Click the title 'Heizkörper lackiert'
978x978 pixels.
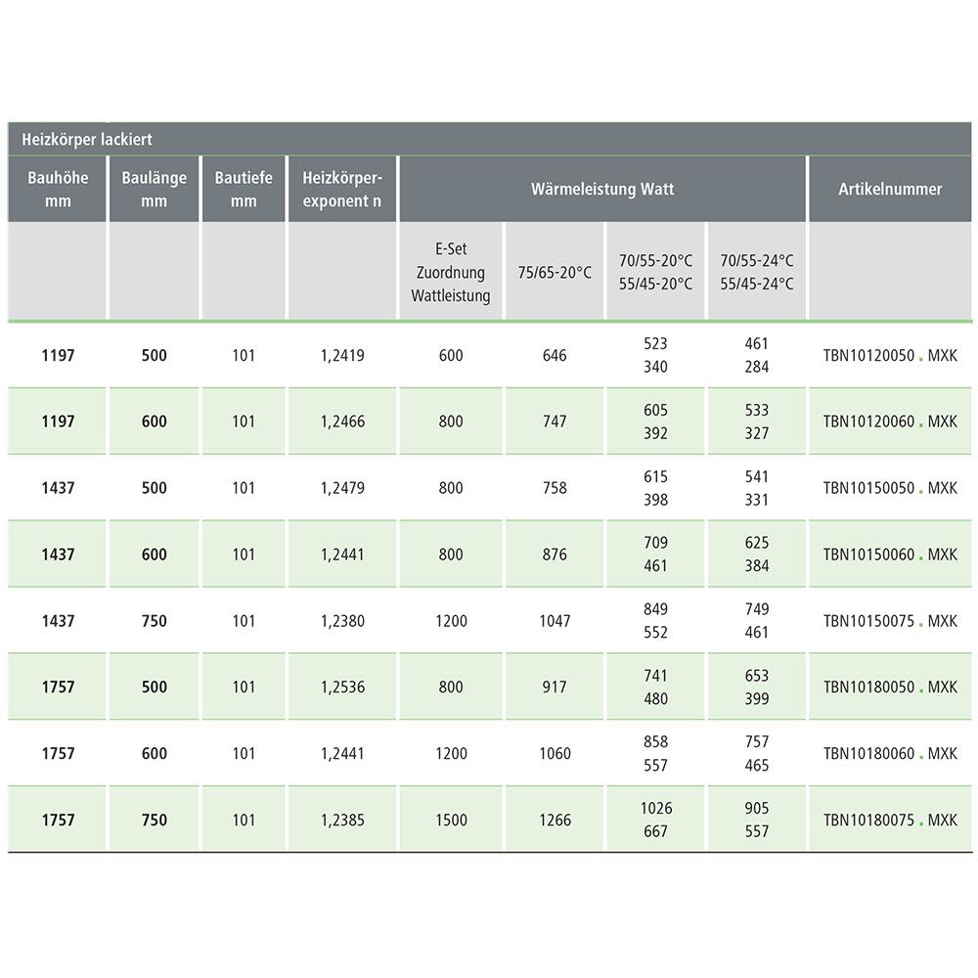pyautogui.click(x=87, y=140)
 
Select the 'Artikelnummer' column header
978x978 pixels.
pyautogui.click(x=890, y=189)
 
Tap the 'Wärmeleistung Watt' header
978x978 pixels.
pyautogui.click(x=602, y=189)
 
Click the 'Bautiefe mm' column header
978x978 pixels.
pyautogui.click(x=244, y=189)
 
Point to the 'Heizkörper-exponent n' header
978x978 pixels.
pyautogui.click(x=342, y=189)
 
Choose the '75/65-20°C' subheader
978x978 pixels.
pyautogui.click(x=555, y=272)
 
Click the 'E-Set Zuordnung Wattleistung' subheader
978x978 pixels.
pyautogui.click(x=451, y=272)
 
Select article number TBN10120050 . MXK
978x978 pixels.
pyautogui.click(x=890, y=356)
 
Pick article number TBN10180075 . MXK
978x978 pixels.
pyautogui.click(x=890, y=821)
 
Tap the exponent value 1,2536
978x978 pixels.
pyautogui.click(x=342, y=688)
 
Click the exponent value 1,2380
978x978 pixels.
pyautogui.click(x=342, y=621)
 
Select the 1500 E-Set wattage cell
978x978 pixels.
pyautogui.click(x=451, y=821)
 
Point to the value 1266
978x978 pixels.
pyautogui.click(x=555, y=821)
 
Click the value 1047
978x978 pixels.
pyautogui.click(x=555, y=621)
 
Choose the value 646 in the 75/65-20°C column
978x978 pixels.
pyautogui.click(x=555, y=356)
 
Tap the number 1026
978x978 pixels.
pyautogui.click(x=655, y=809)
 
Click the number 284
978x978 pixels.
pyautogui.click(x=757, y=368)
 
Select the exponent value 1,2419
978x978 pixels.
pyautogui.click(x=342, y=356)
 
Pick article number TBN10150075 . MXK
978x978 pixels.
pyautogui.click(x=890, y=621)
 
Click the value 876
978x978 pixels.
pyautogui.click(x=555, y=555)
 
